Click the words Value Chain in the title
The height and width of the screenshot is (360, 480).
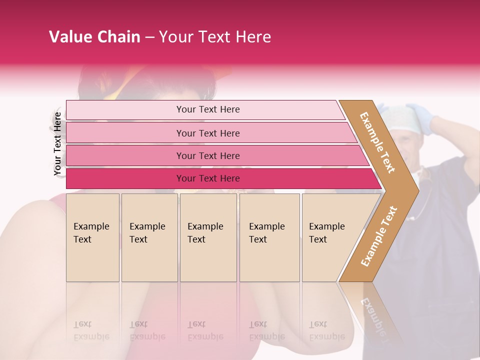point(94,37)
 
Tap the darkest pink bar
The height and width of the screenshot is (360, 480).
point(125,178)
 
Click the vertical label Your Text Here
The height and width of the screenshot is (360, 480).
point(58,144)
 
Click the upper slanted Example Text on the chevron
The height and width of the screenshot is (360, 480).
point(377,142)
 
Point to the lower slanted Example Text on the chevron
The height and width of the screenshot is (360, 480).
point(379,236)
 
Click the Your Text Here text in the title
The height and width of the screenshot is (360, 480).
point(215,37)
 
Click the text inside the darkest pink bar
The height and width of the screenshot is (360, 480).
point(208,178)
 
